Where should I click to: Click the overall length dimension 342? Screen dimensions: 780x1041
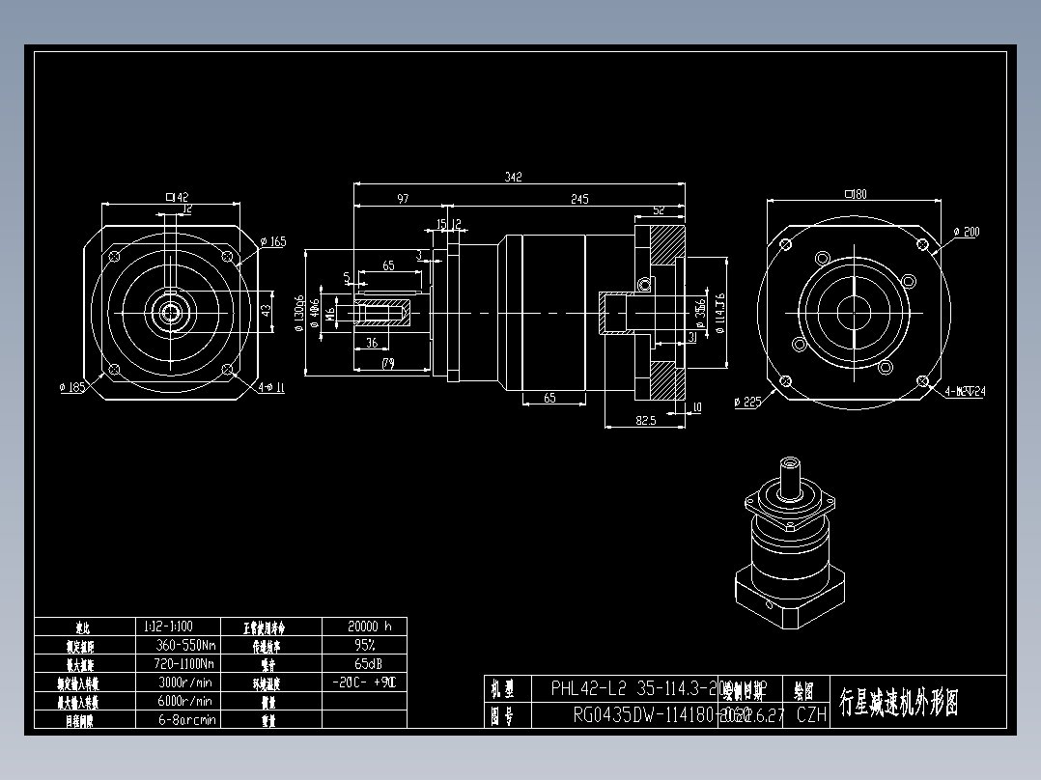click(513, 177)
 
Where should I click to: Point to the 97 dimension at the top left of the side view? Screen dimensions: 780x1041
click(403, 199)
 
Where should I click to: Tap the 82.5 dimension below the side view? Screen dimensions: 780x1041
click(646, 420)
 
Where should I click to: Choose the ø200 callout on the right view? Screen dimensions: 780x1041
click(966, 232)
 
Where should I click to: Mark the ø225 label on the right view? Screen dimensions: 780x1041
click(747, 402)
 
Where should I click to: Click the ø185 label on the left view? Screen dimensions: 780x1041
click(72, 387)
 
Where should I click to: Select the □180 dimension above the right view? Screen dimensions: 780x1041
click(855, 194)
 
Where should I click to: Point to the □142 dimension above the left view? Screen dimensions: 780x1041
click(177, 197)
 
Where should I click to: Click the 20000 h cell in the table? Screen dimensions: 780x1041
click(364, 626)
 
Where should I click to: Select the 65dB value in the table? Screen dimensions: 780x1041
click(364, 663)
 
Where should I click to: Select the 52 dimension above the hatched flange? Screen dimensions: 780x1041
click(659, 209)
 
